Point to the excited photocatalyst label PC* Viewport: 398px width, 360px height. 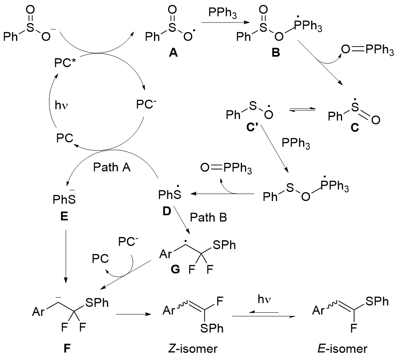coord(66,64)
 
